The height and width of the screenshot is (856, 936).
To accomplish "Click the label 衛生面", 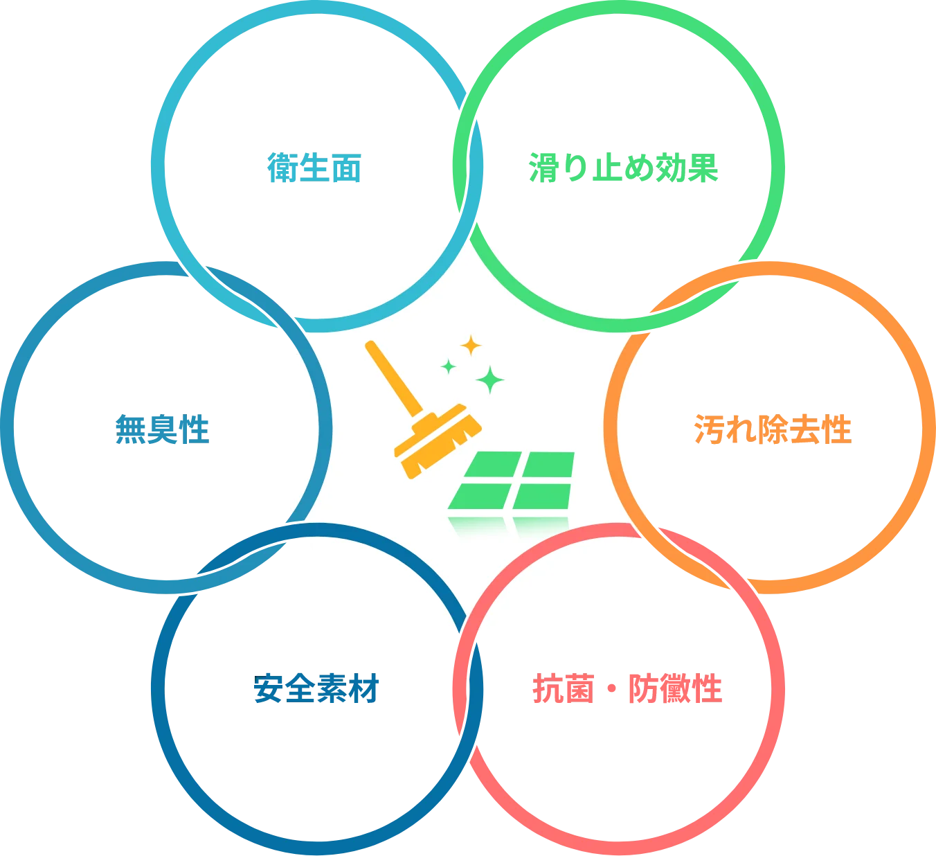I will [x=314, y=167].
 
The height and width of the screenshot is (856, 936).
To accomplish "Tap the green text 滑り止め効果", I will [x=622, y=167].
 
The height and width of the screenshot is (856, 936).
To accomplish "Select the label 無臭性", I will [x=161, y=429].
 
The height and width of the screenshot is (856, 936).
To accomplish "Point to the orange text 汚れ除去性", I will [x=772, y=429].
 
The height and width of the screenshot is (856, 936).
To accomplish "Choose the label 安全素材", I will [x=316, y=688].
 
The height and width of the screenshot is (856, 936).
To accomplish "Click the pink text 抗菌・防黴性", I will [x=628, y=688].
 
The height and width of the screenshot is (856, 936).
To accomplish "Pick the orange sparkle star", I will [x=471, y=345].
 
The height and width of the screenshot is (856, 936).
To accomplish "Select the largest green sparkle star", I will [x=490, y=379].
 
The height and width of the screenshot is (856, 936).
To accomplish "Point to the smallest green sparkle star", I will [x=449, y=366].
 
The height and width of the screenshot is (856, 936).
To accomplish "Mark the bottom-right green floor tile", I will [x=542, y=496].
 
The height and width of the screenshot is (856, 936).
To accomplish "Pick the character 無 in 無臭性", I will [x=129, y=429].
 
